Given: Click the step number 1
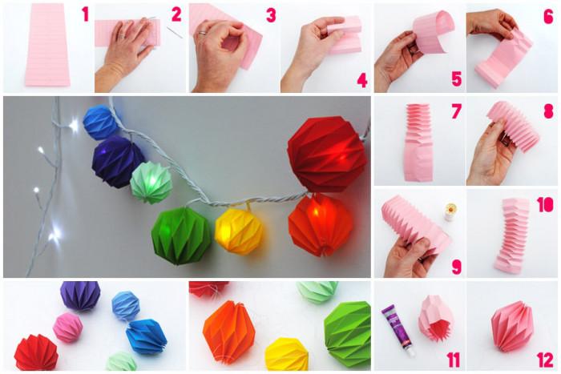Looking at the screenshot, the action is pos(85,14).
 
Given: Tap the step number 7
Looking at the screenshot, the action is pos(456,111).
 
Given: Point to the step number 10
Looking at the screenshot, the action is pos(545,204).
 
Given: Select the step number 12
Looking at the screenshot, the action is pos(545,360).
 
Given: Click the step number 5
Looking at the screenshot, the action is pos(457,79).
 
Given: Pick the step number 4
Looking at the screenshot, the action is pos(361,80).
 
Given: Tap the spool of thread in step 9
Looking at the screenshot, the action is pos(450,212).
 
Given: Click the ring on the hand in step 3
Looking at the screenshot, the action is pos(202,33).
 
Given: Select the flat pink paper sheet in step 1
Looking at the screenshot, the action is pos(46,44).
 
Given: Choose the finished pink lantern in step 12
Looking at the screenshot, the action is pos(512,326).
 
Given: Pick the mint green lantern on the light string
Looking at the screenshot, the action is pos(151,183).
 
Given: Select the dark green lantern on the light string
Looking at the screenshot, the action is pos(182,235).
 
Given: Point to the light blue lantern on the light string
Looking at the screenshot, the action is pos(100,122).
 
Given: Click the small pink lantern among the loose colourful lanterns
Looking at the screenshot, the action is pos(68,328).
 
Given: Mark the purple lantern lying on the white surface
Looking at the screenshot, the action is pos(80,295).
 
